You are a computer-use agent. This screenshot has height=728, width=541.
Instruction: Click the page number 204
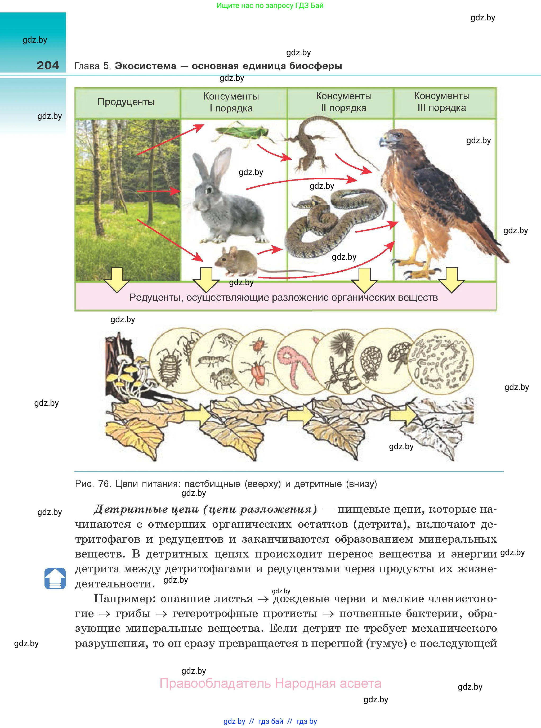[x=48, y=65]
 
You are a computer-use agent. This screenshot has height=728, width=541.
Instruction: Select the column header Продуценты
[x=126, y=102]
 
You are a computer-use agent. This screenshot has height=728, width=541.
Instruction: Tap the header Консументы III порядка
[x=442, y=102]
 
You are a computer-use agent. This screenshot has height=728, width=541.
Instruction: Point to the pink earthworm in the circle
[x=295, y=363]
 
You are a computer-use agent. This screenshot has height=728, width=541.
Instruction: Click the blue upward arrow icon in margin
[x=55, y=578]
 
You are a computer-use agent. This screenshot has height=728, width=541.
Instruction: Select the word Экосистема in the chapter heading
[x=145, y=66]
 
